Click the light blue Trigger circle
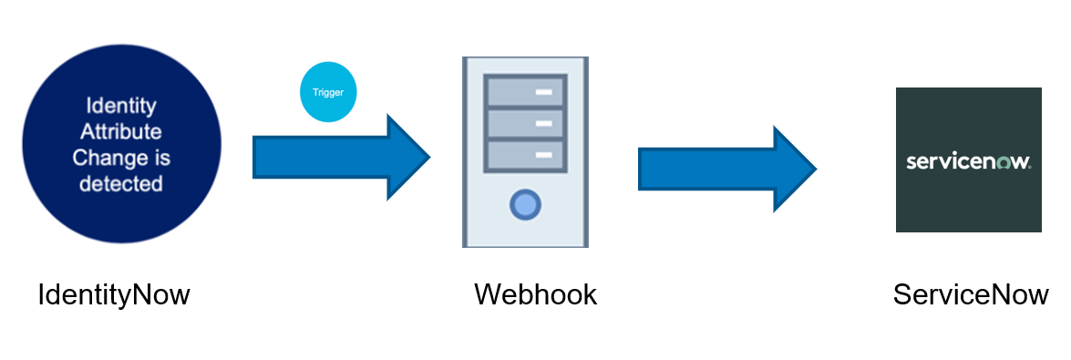click(328, 93)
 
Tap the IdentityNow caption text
click(114, 295)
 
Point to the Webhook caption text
click(535, 295)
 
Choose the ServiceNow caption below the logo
click(971, 295)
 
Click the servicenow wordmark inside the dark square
click(968, 162)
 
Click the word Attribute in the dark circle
click(121, 131)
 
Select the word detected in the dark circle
click(121, 184)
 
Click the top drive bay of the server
click(525, 91)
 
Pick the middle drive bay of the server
click(525, 123)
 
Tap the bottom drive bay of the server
click(525, 154)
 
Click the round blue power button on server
click(525, 205)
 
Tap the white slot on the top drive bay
click(545, 91)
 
